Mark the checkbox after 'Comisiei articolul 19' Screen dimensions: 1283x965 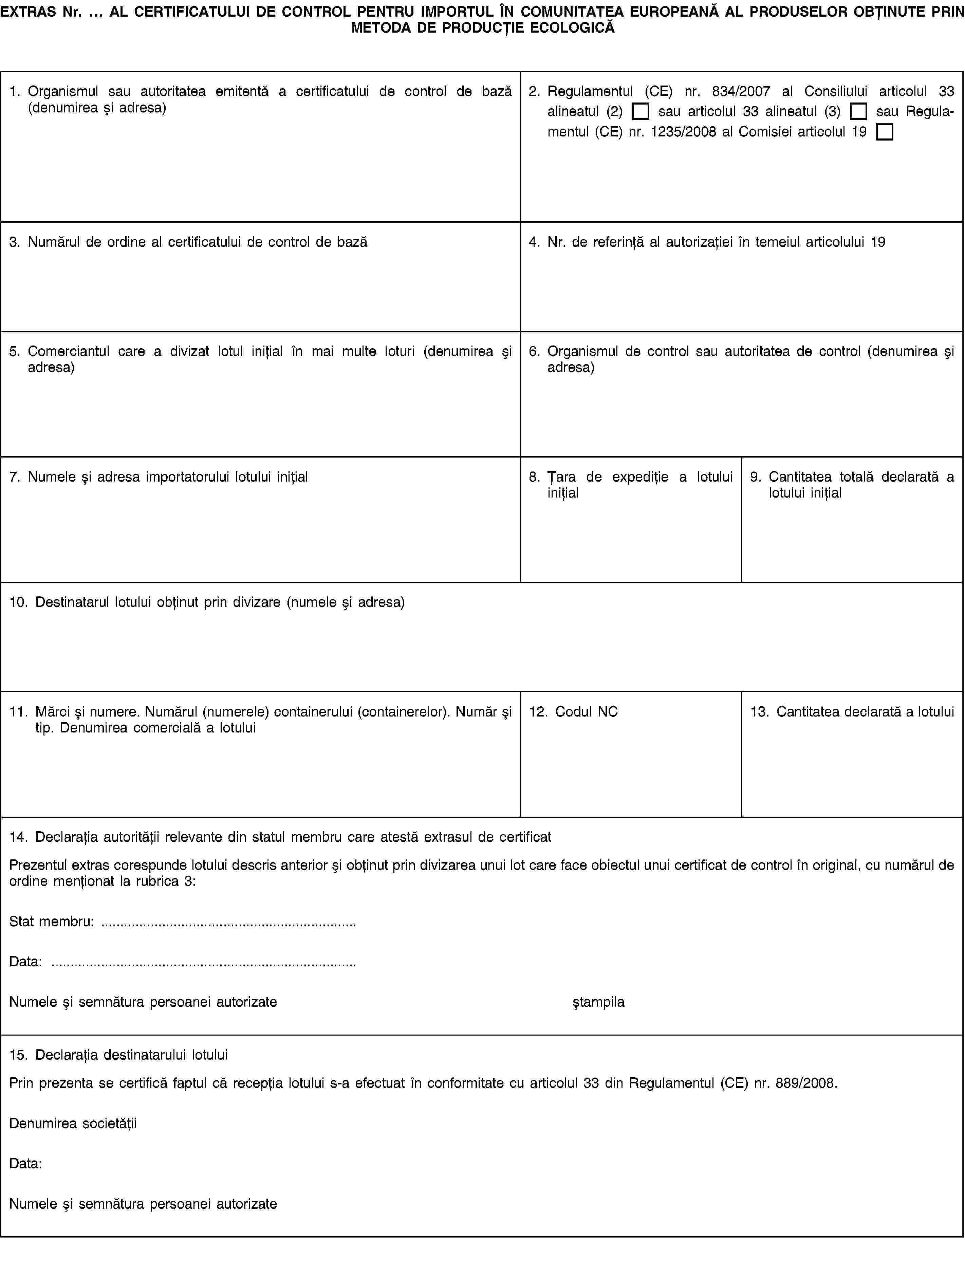pos(885,132)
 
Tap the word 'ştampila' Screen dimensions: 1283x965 pos(598,1002)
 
